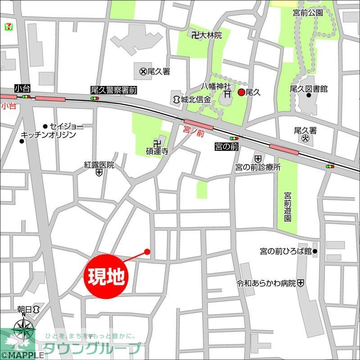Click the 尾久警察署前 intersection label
click(113, 90)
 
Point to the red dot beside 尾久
click(241, 92)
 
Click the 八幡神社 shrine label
click(216, 85)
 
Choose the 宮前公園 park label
click(308, 13)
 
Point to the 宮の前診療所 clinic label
click(258, 167)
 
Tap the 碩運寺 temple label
click(157, 152)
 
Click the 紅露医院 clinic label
click(99, 165)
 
